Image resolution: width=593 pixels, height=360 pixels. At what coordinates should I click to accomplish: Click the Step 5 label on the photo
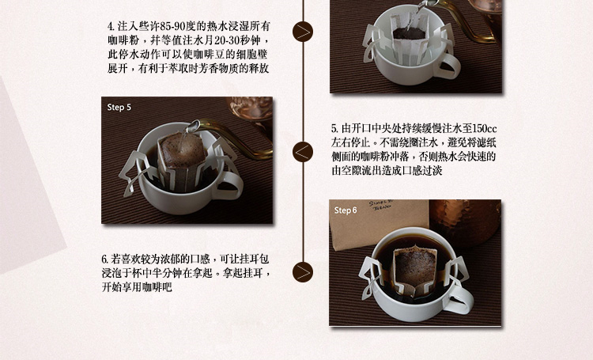pyautogui.click(x=119, y=107)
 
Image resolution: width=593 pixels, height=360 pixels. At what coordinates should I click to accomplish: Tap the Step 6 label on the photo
pyautogui.click(x=346, y=210)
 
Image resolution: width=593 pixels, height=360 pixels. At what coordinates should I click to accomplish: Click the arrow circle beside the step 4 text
pyautogui.click(x=303, y=32)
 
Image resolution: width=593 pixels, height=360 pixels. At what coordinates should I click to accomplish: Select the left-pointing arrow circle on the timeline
pyautogui.click(x=303, y=152)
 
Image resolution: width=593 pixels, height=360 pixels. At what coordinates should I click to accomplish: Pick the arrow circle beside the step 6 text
pyautogui.click(x=303, y=272)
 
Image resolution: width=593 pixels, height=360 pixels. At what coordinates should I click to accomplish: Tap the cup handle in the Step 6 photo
pyautogui.click(x=460, y=299)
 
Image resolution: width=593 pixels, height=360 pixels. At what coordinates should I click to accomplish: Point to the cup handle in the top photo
pyautogui.click(x=448, y=66)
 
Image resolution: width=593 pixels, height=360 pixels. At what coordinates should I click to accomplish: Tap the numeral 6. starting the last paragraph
pyautogui.click(x=104, y=259)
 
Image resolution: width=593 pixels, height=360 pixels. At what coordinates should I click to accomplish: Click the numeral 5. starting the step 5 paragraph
pyautogui.click(x=334, y=128)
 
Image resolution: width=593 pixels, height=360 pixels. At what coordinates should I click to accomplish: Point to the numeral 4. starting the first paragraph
pyautogui.click(x=111, y=26)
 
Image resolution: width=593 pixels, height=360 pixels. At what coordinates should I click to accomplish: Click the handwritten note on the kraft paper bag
pyautogui.click(x=381, y=206)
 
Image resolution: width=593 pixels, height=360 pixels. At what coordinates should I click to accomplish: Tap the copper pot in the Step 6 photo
pyautogui.click(x=465, y=223)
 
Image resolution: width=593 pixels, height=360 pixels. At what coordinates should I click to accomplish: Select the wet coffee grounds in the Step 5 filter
pyautogui.click(x=183, y=149)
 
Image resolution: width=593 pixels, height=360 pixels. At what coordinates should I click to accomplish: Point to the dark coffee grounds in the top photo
pyautogui.click(x=410, y=34)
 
